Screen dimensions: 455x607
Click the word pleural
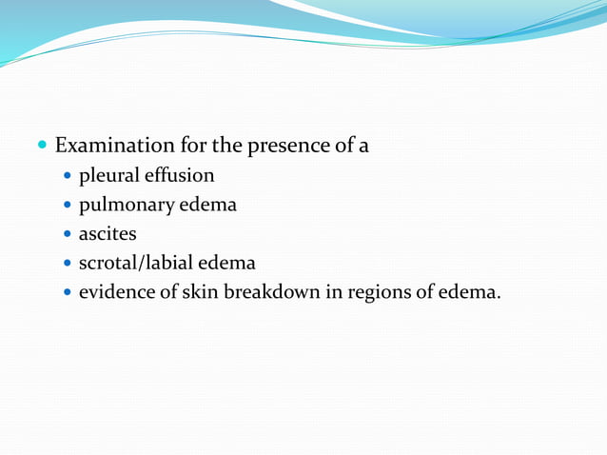[x=108, y=176]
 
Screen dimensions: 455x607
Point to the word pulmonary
[x=127, y=205]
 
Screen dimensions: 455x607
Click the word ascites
[x=108, y=233]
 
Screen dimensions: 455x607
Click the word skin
[x=201, y=290]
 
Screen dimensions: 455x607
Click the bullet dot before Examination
[x=41, y=148]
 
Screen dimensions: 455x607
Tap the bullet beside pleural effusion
[x=67, y=177]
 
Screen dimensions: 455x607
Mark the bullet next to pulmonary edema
[x=67, y=206]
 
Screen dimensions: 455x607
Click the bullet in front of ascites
[x=67, y=234]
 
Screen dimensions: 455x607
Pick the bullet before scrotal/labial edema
[x=67, y=263]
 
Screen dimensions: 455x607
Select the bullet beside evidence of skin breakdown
[x=67, y=291]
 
